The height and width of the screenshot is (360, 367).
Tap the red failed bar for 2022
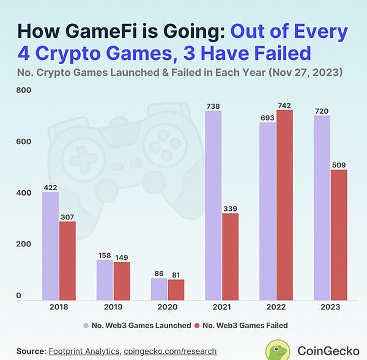pyautogui.click(x=284, y=205)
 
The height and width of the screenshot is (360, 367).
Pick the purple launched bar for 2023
pyautogui.click(x=322, y=208)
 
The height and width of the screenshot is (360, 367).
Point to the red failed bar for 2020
pyautogui.click(x=176, y=290)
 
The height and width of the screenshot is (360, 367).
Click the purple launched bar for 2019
pyautogui.click(x=105, y=280)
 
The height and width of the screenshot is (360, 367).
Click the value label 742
pyautogui.click(x=285, y=105)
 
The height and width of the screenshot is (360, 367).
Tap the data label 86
pyautogui.click(x=159, y=273)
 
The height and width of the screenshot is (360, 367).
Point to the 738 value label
pyautogui.click(x=213, y=106)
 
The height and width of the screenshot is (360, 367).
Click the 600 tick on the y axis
pyautogui.click(x=23, y=142)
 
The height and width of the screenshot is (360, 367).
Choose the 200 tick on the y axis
pyautogui.click(x=23, y=244)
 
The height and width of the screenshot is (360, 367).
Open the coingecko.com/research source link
pyautogui.click(x=170, y=351)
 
